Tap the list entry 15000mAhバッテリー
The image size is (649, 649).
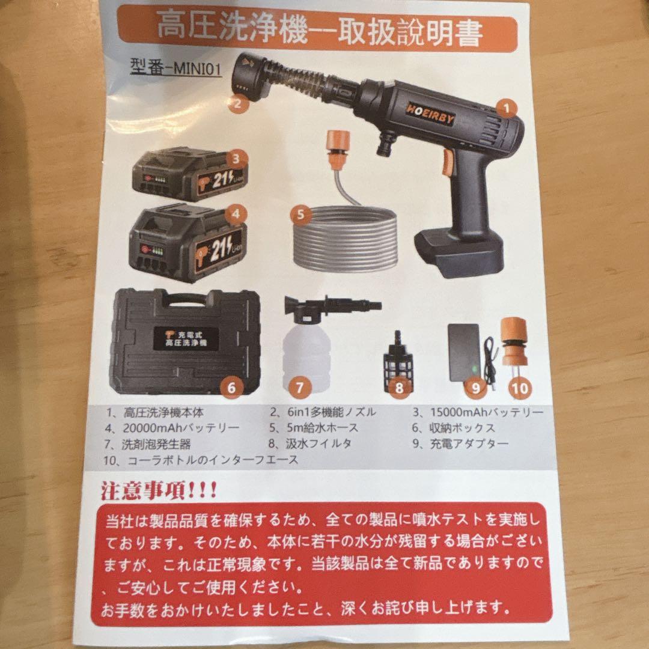pyautogui.click(x=478, y=412)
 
